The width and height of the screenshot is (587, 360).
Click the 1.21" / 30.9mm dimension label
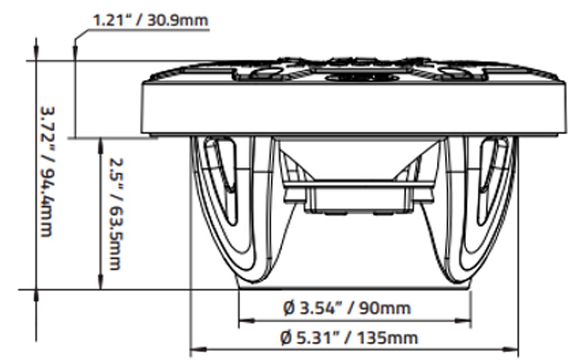[150, 20]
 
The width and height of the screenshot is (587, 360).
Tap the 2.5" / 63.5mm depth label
[114, 214]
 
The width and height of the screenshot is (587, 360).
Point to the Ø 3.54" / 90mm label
[347, 308]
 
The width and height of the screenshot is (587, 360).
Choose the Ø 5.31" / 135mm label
[349, 338]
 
